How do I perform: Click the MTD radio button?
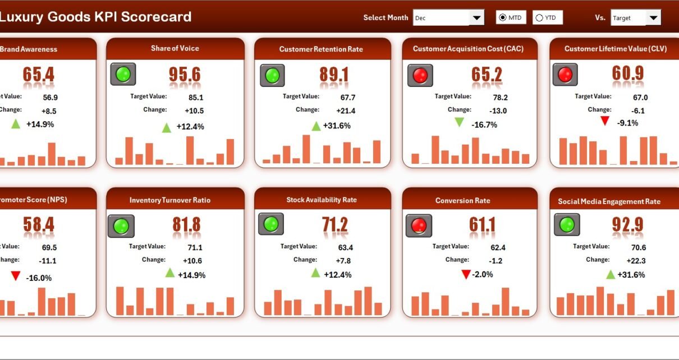pyautogui.click(x=502, y=18)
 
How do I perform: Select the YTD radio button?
pyautogui.click(x=539, y=18)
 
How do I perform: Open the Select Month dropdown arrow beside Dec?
pyautogui.click(x=476, y=18)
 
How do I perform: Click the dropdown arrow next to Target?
pyautogui.click(x=653, y=18)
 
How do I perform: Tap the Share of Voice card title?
pyautogui.click(x=175, y=48)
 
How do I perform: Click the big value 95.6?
pyautogui.click(x=185, y=75)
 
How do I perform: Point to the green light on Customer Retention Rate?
pyautogui.click(x=272, y=75)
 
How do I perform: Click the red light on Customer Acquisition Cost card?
pyautogui.click(x=420, y=75)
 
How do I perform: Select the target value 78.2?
pyautogui.click(x=486, y=97)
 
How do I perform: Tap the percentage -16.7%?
pyautogui.click(x=484, y=124)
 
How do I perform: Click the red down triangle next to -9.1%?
pyautogui.click(x=604, y=121)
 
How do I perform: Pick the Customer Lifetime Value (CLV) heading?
pyautogui.click(x=616, y=49)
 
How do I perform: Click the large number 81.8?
pyautogui.click(x=186, y=225)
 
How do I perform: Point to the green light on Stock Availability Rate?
pyautogui.click(x=271, y=224)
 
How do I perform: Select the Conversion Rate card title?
pyautogui.click(x=462, y=200)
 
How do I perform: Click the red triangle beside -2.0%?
pyautogui.click(x=465, y=274)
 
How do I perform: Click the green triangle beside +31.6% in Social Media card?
pyautogui.click(x=611, y=274)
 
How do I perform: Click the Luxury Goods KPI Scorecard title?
pyautogui.click(x=95, y=17)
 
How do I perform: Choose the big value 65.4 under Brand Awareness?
pyautogui.click(x=38, y=75)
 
